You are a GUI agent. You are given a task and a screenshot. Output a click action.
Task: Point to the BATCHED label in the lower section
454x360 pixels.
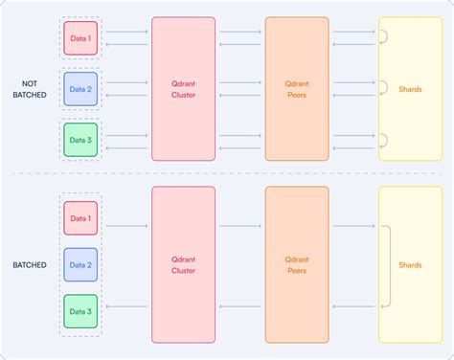tap(29, 265)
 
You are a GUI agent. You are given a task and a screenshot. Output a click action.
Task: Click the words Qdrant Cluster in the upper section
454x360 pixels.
tap(183, 88)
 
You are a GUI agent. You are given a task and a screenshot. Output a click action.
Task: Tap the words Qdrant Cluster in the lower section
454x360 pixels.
tap(183, 265)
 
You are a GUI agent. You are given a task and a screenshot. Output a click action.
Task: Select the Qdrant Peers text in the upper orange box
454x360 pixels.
tap(296, 88)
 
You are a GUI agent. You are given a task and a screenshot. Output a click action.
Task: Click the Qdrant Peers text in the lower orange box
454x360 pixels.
tap(296, 265)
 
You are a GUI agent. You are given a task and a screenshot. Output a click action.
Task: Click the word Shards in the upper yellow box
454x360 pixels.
tap(410, 89)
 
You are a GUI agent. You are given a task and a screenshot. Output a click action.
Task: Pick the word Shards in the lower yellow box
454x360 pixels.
tap(410, 265)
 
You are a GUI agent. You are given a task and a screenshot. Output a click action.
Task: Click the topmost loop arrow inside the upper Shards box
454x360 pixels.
tap(383, 36)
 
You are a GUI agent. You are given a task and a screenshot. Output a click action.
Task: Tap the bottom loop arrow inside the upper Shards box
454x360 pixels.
tap(383, 141)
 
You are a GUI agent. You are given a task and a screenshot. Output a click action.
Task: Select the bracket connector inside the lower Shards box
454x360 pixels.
tap(388, 265)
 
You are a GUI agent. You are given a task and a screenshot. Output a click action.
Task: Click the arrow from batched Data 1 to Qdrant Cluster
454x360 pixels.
tap(126, 226)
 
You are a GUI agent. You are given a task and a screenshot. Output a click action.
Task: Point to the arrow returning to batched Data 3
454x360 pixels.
tap(126, 306)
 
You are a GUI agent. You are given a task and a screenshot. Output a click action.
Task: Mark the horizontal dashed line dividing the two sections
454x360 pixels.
tap(227, 173)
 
